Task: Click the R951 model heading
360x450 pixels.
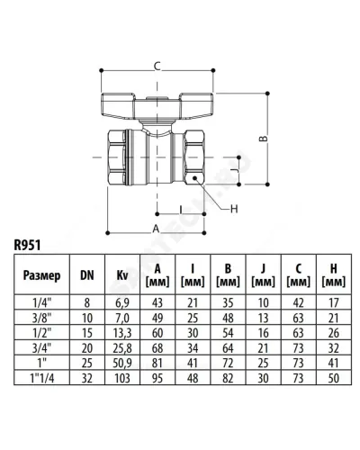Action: coord(27,245)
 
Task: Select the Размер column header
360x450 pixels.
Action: coord(41,275)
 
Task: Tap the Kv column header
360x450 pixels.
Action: coord(122,275)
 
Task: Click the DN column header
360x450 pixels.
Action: coord(87,275)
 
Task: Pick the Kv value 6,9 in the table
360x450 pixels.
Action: coord(122,302)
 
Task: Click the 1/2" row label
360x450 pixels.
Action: coord(42,333)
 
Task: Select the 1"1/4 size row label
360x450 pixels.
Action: coord(42,378)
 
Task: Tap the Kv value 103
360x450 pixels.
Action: coord(122,378)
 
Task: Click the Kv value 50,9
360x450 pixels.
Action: coord(122,363)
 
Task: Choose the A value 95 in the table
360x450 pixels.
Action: coord(157,378)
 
